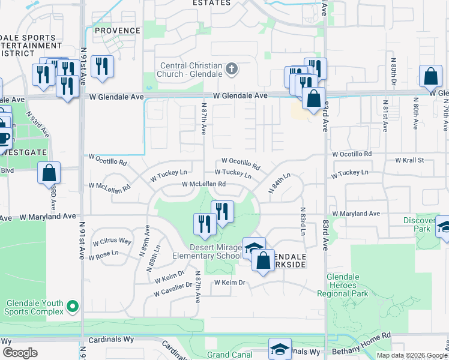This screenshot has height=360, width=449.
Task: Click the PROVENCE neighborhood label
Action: pyautogui.click(x=117, y=31)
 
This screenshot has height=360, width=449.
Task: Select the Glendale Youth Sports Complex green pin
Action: pyautogui.click(x=73, y=307)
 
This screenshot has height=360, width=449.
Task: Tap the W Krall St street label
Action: pyautogui.click(x=409, y=161)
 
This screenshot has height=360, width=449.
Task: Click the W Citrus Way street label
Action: pyautogui.click(x=112, y=241)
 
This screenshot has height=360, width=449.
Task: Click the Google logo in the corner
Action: pyautogui.click(x=20, y=353)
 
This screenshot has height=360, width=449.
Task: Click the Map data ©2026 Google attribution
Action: pyautogui.click(x=411, y=355)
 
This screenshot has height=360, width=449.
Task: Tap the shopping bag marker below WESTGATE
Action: pyautogui.click(x=49, y=173)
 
